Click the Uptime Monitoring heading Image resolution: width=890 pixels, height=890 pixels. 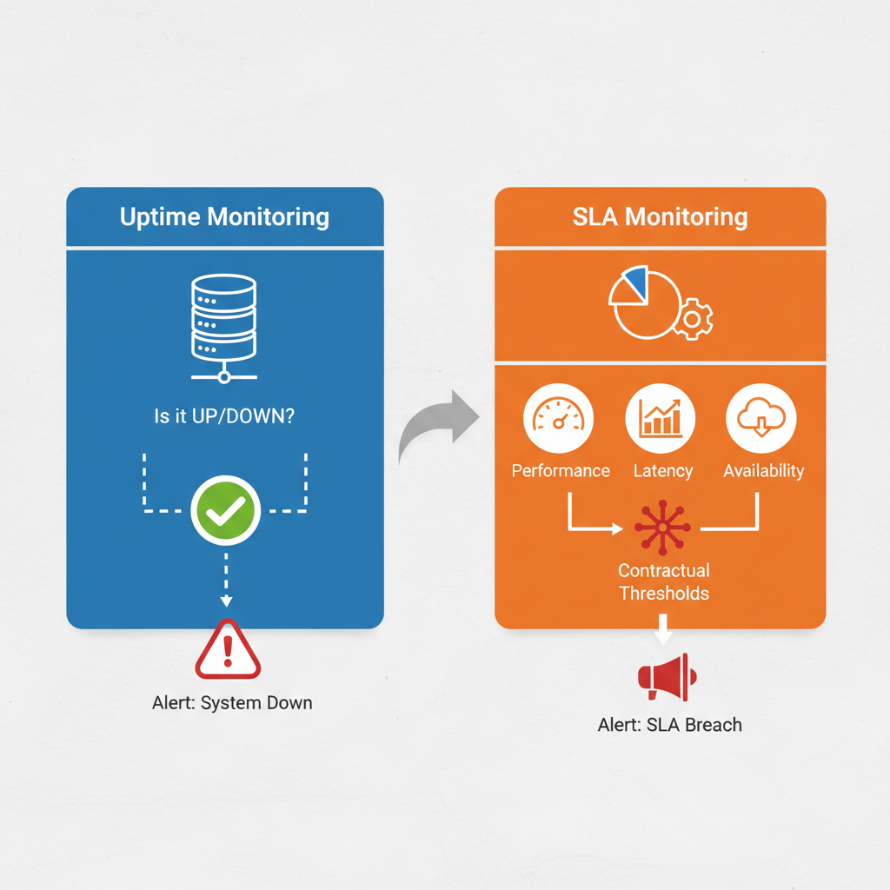[x=224, y=216]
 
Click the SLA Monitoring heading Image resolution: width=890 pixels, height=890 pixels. [x=660, y=216]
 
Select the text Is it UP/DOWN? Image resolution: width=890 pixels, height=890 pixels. [x=224, y=416]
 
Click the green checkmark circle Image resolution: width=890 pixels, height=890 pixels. [x=225, y=510]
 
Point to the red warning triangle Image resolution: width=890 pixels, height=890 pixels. [x=228, y=650]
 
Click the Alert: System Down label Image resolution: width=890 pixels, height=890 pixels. [x=232, y=702]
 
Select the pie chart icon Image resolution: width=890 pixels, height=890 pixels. [x=644, y=303]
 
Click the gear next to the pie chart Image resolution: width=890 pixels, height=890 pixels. [x=693, y=319]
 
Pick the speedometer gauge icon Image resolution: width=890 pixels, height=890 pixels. [x=558, y=418]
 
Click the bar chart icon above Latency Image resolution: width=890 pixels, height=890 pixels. [x=660, y=418]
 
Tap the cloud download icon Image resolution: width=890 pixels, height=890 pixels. [x=760, y=418]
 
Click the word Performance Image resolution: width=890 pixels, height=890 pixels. [x=561, y=471]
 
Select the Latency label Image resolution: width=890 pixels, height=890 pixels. [x=662, y=471]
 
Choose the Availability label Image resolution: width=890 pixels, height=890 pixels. [x=763, y=471]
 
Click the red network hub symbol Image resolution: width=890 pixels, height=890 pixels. [x=662, y=527]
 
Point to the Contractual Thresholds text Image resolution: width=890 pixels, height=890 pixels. [x=663, y=581]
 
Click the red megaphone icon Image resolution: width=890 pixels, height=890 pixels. [x=667, y=677]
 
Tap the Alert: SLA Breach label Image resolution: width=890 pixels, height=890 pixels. [x=670, y=724]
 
